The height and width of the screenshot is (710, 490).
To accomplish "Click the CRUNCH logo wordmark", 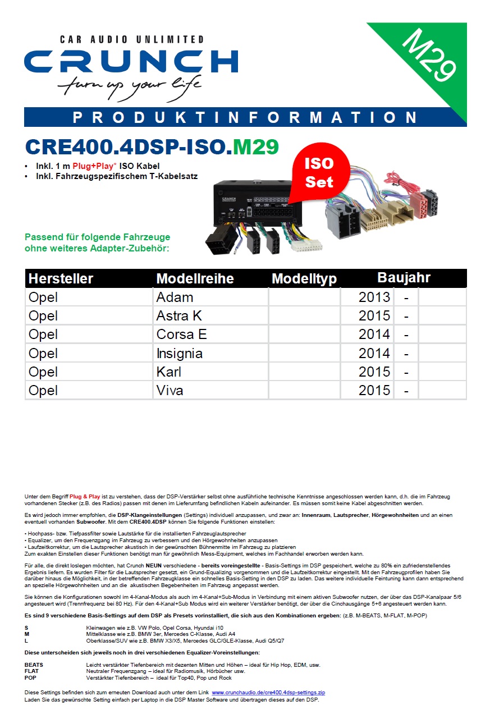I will (131, 61).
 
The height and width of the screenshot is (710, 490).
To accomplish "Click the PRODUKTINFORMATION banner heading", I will (245, 117).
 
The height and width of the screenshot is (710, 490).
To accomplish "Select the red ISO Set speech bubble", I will (319, 172).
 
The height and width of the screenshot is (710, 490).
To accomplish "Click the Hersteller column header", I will (61, 278).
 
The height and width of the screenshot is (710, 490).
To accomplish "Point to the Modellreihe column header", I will (195, 278).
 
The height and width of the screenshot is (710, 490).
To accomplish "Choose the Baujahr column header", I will (404, 277).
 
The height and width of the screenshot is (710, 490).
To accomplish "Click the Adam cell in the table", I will (175, 297).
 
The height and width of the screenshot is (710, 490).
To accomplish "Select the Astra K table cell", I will (179, 315).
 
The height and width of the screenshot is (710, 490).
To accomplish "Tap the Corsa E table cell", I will (181, 335).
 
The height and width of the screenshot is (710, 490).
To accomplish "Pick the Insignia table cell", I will (180, 353).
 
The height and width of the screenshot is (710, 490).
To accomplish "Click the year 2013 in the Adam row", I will (374, 297).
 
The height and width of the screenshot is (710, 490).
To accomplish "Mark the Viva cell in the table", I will (170, 390).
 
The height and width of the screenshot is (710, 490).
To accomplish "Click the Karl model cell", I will (168, 372).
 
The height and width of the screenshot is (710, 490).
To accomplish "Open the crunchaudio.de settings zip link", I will (268, 693).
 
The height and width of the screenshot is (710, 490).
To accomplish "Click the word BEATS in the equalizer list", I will (34, 665).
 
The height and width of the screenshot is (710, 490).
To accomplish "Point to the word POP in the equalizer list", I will (30, 677).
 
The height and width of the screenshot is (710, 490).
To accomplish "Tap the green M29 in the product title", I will (256, 147).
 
